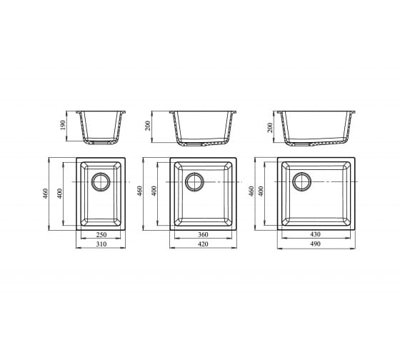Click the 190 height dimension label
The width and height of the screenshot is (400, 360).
(x=63, y=125)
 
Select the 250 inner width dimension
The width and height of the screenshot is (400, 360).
(x=101, y=234)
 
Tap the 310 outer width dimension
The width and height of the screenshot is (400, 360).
(x=101, y=244)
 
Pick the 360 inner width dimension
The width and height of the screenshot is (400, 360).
(x=203, y=234)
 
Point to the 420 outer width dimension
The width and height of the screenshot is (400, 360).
(x=203, y=244)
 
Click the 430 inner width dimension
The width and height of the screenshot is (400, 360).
(x=315, y=234)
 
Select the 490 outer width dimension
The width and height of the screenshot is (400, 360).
(x=315, y=244)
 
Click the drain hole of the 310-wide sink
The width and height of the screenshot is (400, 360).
(x=101, y=181)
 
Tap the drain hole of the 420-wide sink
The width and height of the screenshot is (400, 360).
(x=194, y=181)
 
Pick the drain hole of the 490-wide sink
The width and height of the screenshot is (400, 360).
(x=301, y=181)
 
